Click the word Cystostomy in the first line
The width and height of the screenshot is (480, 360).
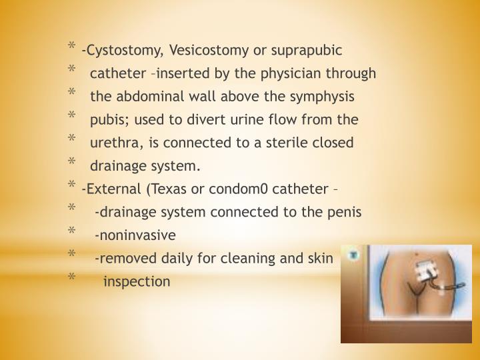123,50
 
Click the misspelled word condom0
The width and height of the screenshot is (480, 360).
237,189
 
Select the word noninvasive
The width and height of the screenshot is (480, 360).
136,235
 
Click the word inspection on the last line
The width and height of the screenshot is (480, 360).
137,281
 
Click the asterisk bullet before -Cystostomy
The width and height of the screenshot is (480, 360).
71,47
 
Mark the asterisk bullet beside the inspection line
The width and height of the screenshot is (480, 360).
71,279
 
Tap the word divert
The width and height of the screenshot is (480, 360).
220,120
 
